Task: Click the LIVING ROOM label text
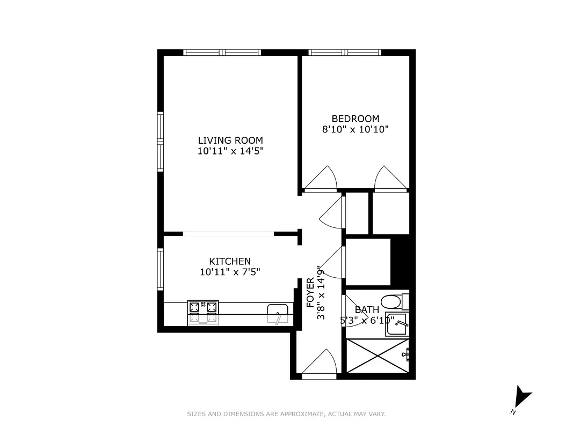230,140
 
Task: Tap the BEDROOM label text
355,119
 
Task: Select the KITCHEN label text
230,261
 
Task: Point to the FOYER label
310,292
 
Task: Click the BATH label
367,310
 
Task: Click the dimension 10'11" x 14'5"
230,151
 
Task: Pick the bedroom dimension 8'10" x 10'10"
355,129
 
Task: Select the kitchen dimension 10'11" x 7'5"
230,272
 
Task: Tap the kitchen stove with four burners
203,312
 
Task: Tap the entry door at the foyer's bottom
320,365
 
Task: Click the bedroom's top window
345,53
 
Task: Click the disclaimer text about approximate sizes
286,414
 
